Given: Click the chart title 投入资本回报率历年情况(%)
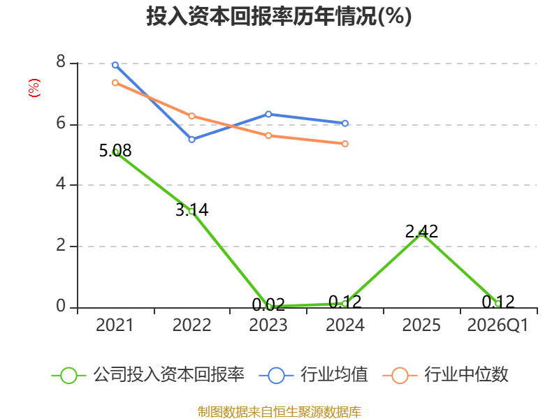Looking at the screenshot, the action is (279, 16).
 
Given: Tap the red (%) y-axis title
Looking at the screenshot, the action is (34, 88).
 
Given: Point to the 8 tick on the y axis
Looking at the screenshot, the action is (61, 62).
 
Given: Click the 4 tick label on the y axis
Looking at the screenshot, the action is (61, 184).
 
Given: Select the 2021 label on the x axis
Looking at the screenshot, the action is (115, 325).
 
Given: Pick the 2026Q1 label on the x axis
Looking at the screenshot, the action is (498, 325).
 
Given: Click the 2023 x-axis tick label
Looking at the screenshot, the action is (268, 325).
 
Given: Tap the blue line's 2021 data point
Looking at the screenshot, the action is (115, 65).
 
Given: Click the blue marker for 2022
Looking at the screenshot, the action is (191, 139).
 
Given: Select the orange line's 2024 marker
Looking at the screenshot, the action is (345, 144).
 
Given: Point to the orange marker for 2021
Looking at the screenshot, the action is (115, 82).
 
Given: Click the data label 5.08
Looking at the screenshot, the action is (115, 150).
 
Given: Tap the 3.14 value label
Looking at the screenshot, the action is (191, 209).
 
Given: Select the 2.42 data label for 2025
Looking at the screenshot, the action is (421, 232).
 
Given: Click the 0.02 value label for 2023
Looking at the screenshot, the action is (268, 304).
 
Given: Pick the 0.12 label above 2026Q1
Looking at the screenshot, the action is (498, 302).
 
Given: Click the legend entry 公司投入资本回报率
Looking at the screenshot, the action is (148, 375).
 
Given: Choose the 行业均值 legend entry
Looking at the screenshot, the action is (313, 375).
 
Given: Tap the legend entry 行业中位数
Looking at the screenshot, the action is (445, 375).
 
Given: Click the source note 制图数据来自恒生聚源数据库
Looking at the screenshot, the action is (279, 411).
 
